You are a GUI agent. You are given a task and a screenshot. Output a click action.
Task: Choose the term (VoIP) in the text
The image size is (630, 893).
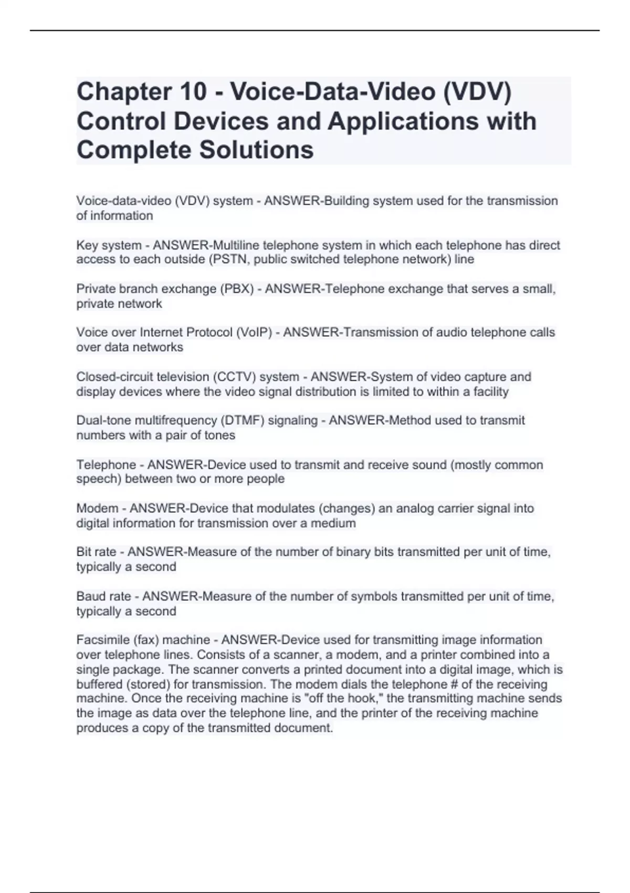[x=254, y=333]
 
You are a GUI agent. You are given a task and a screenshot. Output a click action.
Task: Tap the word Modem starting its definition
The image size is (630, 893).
[x=97, y=508]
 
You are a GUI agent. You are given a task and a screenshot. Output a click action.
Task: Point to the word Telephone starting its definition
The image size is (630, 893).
[x=106, y=465]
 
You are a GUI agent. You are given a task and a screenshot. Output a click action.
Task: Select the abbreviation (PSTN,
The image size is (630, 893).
[x=227, y=259]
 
